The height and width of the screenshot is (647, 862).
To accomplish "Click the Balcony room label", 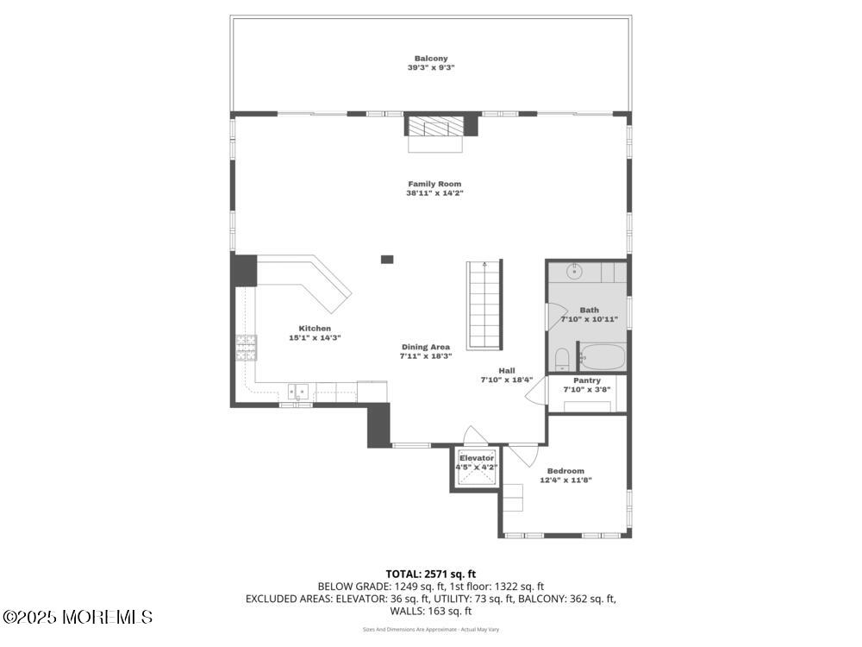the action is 431,59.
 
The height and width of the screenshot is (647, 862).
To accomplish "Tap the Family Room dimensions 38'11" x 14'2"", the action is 434,193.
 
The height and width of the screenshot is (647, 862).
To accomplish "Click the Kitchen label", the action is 315,329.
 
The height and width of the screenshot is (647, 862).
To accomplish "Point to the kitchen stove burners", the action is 247,348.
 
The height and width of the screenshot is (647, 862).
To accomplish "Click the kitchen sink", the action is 298,391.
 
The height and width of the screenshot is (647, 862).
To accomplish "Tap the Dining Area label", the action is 426,347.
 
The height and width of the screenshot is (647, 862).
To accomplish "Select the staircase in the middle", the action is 484,305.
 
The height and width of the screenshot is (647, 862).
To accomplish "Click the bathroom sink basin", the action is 574,271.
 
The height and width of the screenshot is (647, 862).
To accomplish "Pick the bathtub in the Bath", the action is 603,357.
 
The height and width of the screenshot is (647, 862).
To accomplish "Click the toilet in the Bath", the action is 562,359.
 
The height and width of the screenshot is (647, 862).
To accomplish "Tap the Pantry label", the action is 587,380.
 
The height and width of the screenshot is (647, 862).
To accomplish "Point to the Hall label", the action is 507,371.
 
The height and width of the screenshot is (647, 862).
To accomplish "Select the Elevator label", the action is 477,458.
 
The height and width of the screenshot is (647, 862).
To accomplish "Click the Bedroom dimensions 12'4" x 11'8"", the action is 565,480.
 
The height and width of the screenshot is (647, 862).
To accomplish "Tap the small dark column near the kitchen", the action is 387,259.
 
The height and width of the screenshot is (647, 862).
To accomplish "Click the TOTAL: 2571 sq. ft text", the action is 431,575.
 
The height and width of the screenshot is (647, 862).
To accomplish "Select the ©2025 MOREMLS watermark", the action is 77,617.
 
